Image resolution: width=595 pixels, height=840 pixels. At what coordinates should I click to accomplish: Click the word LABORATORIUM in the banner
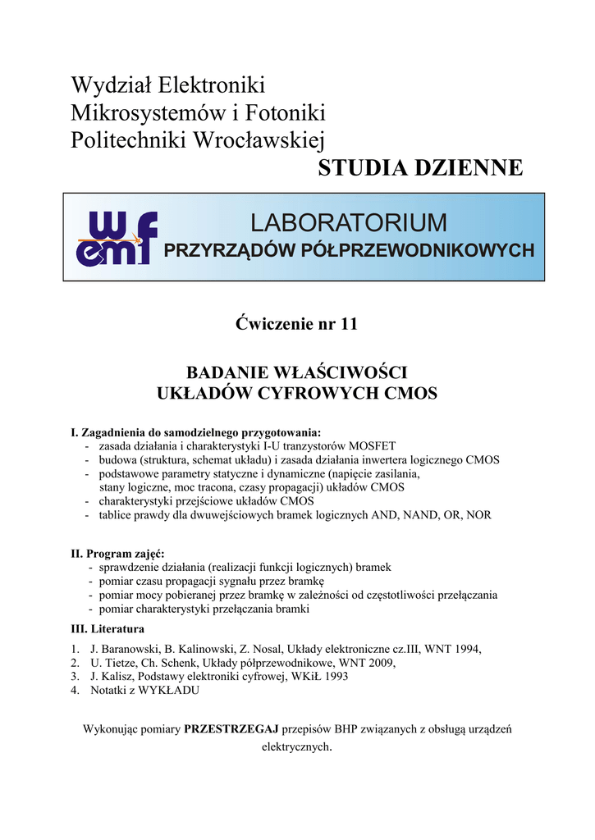(349, 222)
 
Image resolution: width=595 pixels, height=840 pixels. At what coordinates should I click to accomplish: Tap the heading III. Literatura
(108, 629)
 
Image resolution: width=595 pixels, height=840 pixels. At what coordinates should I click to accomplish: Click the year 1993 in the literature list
(334, 677)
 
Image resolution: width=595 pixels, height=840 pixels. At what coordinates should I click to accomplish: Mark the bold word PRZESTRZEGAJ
(231, 729)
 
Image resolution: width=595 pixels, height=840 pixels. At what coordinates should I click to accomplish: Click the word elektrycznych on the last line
(295, 747)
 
